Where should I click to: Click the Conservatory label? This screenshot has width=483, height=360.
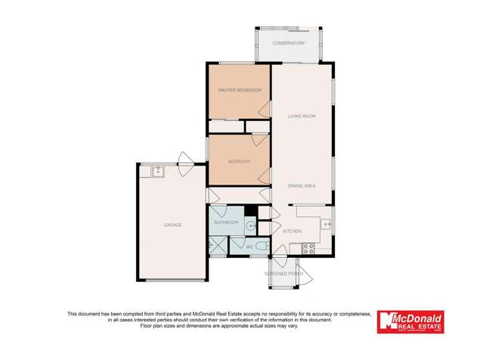coord(289,43)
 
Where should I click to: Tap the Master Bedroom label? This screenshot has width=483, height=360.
coord(240,90)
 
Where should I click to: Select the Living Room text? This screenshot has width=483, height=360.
coord(301,116)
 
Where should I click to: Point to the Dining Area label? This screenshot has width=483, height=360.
coord(301,185)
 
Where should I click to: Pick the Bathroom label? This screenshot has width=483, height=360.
coord(227,222)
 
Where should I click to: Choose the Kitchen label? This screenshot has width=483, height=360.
coord(293,231)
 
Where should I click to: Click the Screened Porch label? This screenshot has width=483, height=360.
coord(284,273)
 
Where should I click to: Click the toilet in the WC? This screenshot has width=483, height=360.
coord(259,247)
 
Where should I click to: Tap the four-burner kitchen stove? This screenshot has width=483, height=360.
coord(308,247)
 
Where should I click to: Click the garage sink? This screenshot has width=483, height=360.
coord(157,171)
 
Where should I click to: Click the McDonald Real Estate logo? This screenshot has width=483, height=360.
coord(410,322)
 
